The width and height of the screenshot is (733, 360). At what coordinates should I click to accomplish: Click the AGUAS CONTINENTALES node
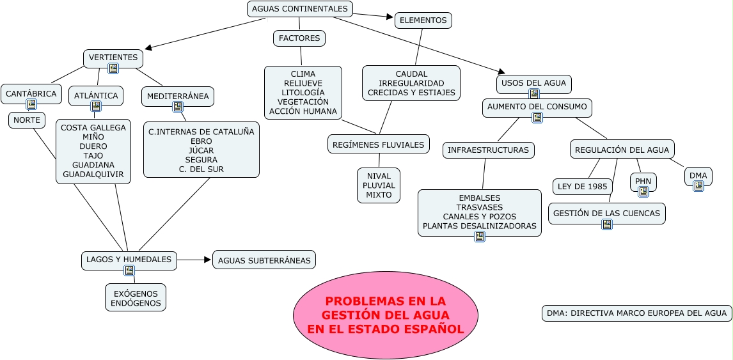coord(300,9)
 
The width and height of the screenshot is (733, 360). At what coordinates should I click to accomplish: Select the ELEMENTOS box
coord(423,20)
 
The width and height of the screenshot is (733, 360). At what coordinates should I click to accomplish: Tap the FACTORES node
coord(299,38)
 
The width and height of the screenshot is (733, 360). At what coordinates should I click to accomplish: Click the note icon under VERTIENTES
coord(113,68)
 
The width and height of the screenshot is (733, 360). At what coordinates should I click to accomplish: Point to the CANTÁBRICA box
coord(31,93)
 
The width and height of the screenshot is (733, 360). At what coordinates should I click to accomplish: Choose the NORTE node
coord(26,120)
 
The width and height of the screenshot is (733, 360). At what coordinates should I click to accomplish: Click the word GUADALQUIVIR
coord(93,174)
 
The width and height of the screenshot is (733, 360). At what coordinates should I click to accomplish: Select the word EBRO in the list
coord(201,141)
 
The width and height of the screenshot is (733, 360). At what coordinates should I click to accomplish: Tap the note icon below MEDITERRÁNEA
coord(178,107)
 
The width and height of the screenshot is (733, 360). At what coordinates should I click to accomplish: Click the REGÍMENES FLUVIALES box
coord(379,145)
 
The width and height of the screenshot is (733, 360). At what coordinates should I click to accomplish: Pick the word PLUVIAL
coord(379,185)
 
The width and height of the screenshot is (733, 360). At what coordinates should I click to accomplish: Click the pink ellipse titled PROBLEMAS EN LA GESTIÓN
coord(386,315)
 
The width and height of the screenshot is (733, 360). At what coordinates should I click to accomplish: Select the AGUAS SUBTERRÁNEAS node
coord(264,260)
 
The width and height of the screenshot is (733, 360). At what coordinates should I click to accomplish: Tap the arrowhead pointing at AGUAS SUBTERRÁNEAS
coord(207,260)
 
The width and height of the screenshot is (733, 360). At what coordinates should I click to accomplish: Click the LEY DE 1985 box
coord(583,187)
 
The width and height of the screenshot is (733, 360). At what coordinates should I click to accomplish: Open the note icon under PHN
coord(643,191)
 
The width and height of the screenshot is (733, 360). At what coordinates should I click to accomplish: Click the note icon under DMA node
coord(698,185)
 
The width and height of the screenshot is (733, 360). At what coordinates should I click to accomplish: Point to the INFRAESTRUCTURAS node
coord(489,150)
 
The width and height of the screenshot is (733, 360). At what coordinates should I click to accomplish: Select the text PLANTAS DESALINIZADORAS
coord(480,226)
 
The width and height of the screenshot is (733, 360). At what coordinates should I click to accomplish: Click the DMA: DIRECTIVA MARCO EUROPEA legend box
coord(636,313)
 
